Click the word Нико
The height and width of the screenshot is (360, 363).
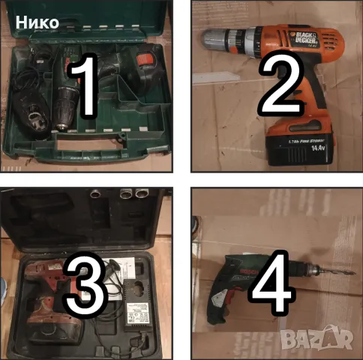(x=37, y=22)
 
